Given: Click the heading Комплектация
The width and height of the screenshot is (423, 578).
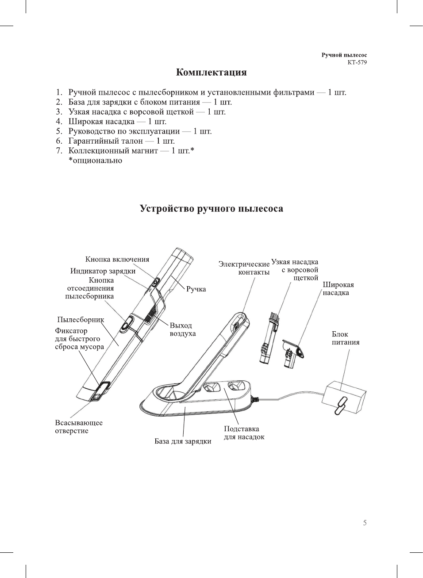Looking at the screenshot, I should point(211,73).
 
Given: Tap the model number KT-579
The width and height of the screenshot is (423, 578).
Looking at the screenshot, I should point(357,62).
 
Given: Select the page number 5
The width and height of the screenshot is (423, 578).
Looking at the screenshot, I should point(365,523).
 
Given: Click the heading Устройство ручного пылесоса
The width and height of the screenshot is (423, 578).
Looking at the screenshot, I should point(211,209).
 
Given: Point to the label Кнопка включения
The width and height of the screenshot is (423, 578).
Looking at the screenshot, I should point(117,260).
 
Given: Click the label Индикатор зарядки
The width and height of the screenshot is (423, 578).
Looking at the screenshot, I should point(103,271).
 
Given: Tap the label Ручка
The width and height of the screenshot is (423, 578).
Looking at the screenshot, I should point(196,289).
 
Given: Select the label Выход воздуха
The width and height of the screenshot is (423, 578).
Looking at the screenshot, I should point(182,329).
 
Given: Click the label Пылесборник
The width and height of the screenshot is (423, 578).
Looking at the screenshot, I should point(81,320).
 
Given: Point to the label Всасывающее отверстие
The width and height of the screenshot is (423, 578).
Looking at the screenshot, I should point(78,427).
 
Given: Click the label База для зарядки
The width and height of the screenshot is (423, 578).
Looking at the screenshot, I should point(183,441).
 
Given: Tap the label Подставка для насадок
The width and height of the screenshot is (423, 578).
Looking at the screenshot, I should point(244,433).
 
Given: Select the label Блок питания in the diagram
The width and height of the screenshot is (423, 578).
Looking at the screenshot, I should point(345,338).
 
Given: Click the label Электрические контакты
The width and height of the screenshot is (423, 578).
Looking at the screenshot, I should point(244,268).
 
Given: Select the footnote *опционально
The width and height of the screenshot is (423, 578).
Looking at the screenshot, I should point(95,161).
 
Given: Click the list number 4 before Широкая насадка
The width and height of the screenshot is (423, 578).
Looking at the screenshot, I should point(59,122).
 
